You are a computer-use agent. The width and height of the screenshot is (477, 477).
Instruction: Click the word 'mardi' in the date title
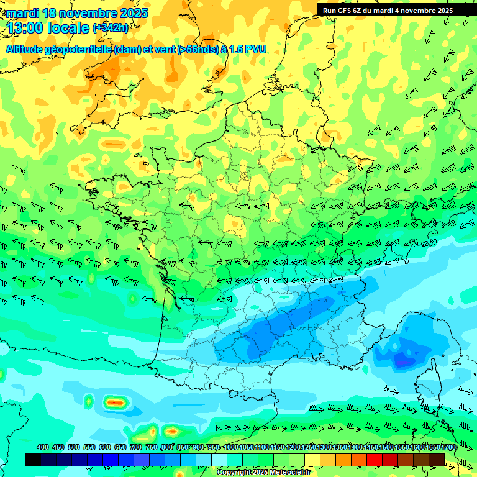(22, 13)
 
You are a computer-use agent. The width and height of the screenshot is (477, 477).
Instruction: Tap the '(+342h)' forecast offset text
(111, 28)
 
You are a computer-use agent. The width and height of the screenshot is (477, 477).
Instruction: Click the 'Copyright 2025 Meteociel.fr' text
(264, 472)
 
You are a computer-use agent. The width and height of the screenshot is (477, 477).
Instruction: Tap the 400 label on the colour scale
(43, 448)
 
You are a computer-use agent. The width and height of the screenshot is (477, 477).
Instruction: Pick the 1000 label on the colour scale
(231, 448)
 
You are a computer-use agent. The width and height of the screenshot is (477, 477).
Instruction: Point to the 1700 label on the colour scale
(448, 448)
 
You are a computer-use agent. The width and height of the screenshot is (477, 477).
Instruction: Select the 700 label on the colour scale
(136, 448)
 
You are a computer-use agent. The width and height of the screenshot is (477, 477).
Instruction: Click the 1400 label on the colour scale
(355, 448)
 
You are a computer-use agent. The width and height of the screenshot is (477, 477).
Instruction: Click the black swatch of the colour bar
(33, 460)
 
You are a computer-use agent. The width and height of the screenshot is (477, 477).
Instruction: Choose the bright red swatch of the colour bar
(375, 460)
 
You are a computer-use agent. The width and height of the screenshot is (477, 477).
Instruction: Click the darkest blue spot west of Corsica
(403, 361)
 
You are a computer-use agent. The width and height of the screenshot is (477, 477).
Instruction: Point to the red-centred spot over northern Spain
(116, 402)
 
